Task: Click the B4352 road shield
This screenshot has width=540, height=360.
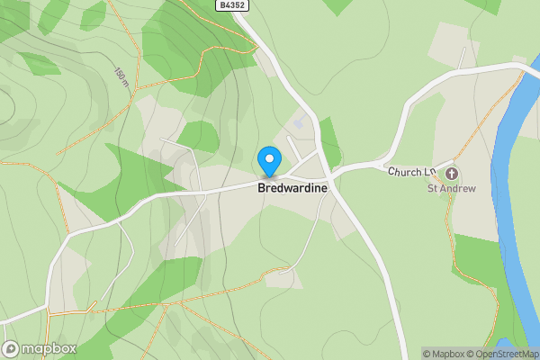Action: [231, 5]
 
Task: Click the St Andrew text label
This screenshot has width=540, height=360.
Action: [451, 189]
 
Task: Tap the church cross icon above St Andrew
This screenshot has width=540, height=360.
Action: [452, 173]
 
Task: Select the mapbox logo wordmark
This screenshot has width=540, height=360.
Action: [47, 349]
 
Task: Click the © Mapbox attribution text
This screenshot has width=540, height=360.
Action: [447, 354]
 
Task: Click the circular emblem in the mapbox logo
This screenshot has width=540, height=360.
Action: [11, 349]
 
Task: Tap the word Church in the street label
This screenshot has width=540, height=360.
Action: [402, 171]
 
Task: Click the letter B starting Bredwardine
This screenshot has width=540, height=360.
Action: [262, 189]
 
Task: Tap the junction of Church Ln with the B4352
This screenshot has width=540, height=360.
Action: [333, 169]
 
